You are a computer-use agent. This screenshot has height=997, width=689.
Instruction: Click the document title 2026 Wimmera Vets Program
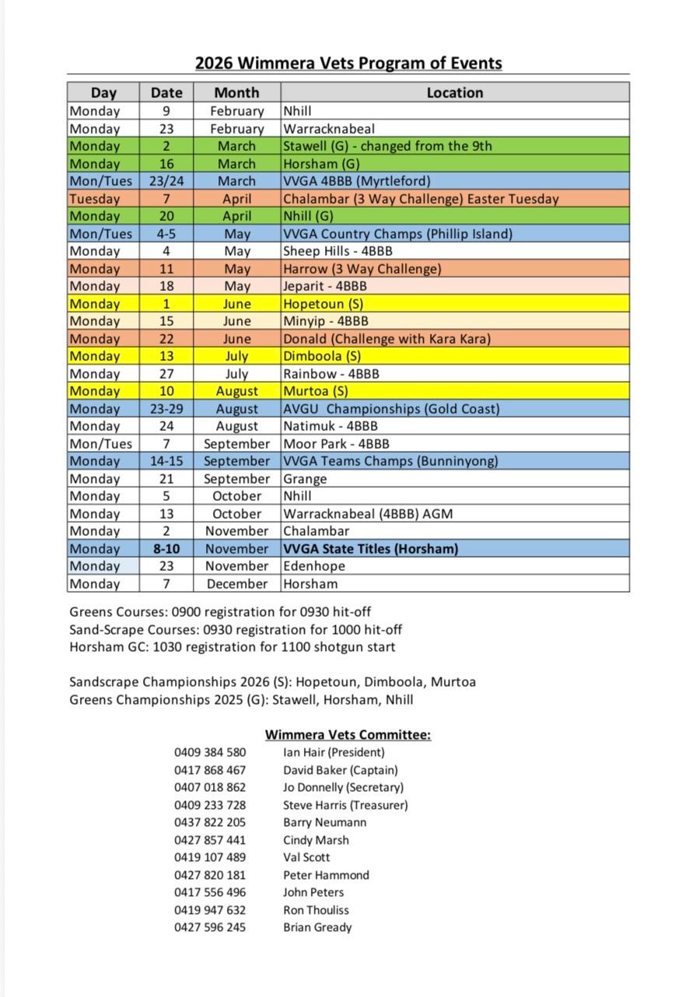point(348,63)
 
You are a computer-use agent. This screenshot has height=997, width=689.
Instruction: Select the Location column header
point(454,93)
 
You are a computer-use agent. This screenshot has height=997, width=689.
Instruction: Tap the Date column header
point(166,93)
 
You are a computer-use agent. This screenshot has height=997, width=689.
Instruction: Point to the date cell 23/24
point(166,181)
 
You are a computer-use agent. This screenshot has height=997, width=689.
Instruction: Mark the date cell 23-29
point(166,409)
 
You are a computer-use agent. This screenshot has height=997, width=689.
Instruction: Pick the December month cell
point(236,584)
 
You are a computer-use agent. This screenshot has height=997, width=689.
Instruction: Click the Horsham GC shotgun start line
point(232,647)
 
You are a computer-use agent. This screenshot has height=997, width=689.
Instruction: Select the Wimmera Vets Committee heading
point(348,735)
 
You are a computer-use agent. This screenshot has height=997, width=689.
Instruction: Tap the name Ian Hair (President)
point(334,753)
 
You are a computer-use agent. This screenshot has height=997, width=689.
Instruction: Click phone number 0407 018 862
point(210,788)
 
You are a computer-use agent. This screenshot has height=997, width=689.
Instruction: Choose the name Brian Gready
point(317,928)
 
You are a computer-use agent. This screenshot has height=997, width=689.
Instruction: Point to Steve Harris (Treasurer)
point(345,806)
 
